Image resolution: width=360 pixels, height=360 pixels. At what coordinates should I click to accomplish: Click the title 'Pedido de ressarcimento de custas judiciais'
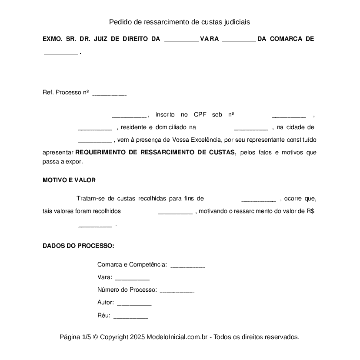(x=180, y=22)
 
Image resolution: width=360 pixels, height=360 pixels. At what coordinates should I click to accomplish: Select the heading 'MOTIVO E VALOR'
(x=69, y=180)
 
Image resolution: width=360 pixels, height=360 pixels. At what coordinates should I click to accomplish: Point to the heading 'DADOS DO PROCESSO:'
(x=78, y=246)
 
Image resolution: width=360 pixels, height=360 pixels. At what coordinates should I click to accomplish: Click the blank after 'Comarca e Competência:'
(x=187, y=265)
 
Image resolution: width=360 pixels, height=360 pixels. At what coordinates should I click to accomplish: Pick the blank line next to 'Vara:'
(x=132, y=278)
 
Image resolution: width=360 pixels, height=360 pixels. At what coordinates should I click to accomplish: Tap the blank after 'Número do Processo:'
(x=177, y=290)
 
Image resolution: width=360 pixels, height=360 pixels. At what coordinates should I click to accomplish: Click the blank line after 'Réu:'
(x=130, y=316)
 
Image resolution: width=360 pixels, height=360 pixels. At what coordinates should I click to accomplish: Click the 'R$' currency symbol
(x=310, y=211)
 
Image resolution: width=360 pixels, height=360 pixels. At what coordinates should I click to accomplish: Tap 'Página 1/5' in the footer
(x=75, y=337)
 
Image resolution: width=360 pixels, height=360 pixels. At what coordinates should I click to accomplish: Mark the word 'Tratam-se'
(x=90, y=199)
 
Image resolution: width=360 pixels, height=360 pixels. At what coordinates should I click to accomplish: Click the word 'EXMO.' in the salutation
(x=51, y=39)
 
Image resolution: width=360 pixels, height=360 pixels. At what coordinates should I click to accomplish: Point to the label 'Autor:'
(x=106, y=302)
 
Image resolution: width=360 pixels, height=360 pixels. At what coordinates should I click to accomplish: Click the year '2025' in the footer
(x=137, y=337)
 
